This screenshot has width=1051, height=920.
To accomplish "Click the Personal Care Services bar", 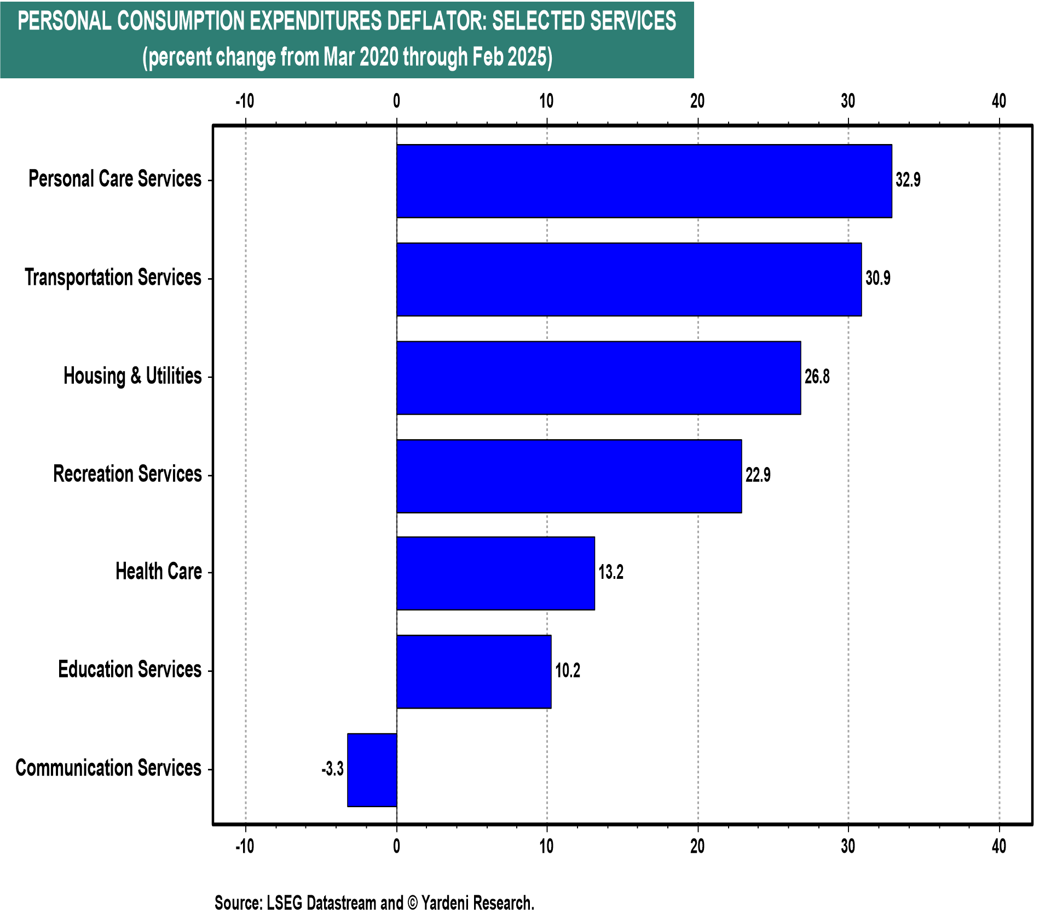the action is [644, 181].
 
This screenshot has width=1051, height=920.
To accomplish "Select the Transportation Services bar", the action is [629, 279].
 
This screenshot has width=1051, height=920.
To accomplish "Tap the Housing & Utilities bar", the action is [598, 378].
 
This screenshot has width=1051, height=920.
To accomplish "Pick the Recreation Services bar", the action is [569, 476].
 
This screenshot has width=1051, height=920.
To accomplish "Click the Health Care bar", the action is [495, 573].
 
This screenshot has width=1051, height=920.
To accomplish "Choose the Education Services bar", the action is [473, 671].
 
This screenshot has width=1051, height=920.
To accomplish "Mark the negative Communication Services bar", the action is [372, 770].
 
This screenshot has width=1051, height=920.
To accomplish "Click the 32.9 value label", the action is [908, 180].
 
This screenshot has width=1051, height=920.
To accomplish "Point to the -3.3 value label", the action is [333, 769].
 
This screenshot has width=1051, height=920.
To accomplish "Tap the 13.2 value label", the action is [611, 572].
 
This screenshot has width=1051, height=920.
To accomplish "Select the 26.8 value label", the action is [817, 377].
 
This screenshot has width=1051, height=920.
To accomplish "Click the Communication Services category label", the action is [108, 768].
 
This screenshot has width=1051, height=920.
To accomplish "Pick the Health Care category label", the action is [159, 571].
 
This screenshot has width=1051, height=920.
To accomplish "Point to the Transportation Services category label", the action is [113, 277].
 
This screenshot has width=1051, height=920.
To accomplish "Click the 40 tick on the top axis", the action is [999, 101].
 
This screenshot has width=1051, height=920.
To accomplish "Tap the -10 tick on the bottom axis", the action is [245, 847].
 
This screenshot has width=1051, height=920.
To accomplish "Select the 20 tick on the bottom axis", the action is [697, 847].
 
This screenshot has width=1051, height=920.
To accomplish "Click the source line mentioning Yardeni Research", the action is [374, 902].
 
